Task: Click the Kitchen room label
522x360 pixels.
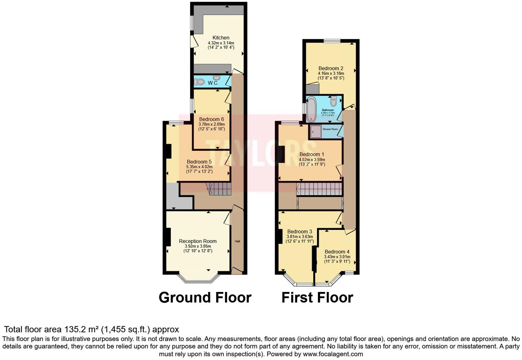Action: (x=221, y=38)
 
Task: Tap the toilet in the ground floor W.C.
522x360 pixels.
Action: (x=199, y=82)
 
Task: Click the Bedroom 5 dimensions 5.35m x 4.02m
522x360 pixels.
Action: (x=199, y=167)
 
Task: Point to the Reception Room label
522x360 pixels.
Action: (x=198, y=241)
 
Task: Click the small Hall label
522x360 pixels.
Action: (x=237, y=241)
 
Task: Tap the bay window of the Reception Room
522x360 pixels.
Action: (x=199, y=281)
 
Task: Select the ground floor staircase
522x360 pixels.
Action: (x=218, y=189)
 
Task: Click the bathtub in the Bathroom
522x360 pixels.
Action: (x=311, y=109)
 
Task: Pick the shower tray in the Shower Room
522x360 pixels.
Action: (x=315, y=132)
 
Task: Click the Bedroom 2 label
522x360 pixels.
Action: (x=331, y=68)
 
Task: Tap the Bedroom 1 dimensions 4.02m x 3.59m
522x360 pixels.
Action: (x=312, y=160)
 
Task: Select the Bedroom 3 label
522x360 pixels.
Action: (x=299, y=232)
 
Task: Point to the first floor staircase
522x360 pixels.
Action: (x=319, y=189)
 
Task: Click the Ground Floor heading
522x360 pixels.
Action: (x=205, y=297)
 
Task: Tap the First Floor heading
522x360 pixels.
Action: (x=317, y=297)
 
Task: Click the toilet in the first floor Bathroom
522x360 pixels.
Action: (x=333, y=102)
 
